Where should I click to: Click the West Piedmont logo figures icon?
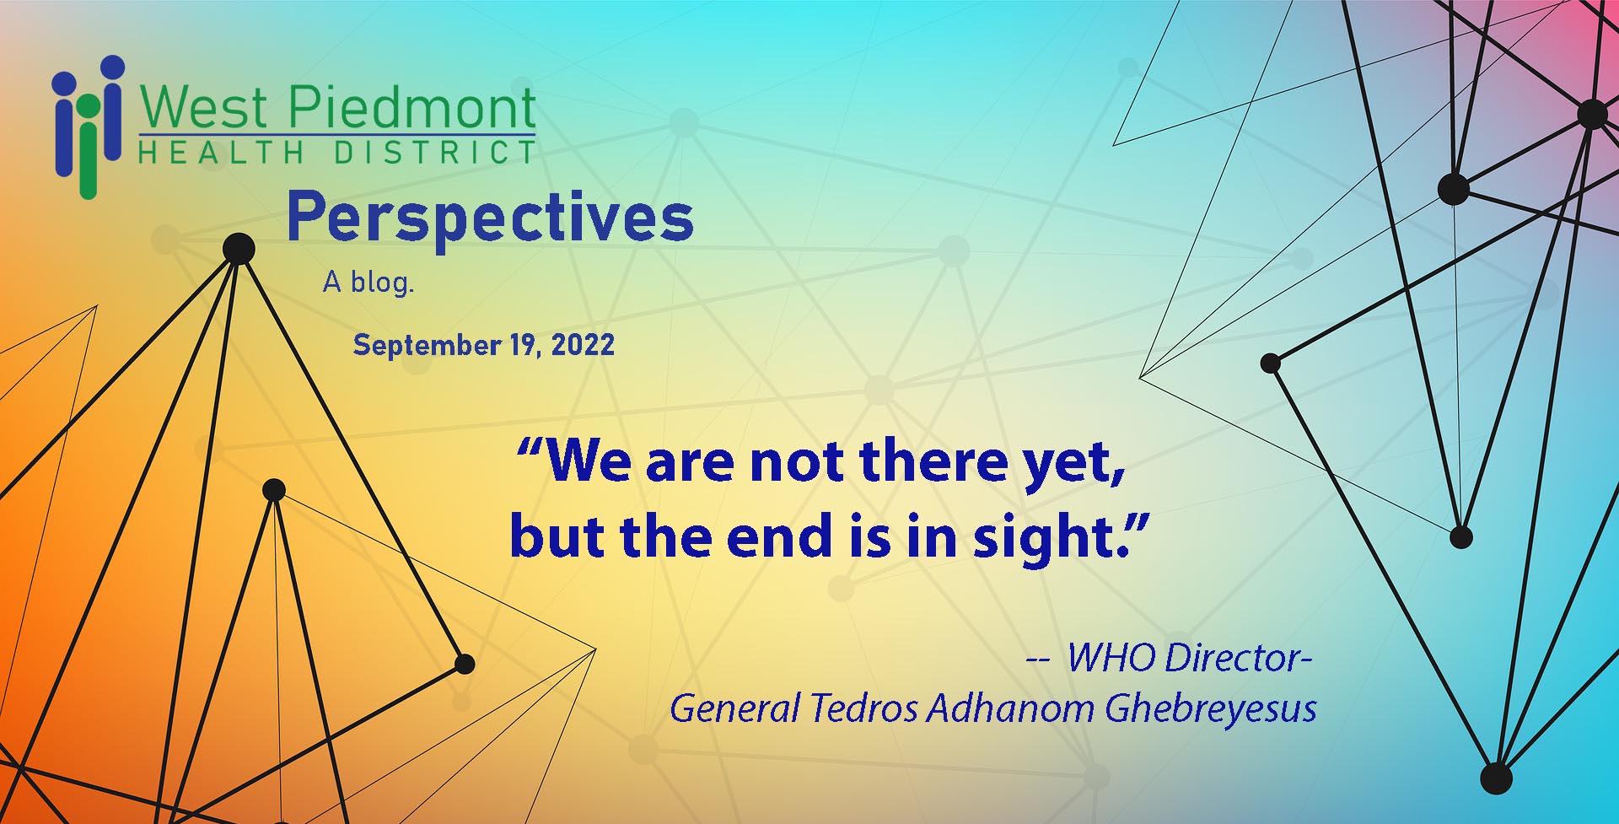[89, 127]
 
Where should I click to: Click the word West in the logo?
[204, 108]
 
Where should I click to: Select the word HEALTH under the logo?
[221, 153]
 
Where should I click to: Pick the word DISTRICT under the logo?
[434, 153]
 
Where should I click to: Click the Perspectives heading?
[490, 218]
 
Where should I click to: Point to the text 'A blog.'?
[368, 283]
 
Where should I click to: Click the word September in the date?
[427, 346]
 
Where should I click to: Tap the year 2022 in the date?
[583, 345]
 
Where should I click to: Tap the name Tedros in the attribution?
[863, 708]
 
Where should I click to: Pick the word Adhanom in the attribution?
[1010, 708]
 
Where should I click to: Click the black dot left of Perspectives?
[239, 250]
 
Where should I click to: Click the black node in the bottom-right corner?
[1496, 778]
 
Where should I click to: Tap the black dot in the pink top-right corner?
[1592, 114]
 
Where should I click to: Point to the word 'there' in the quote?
[934, 462]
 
